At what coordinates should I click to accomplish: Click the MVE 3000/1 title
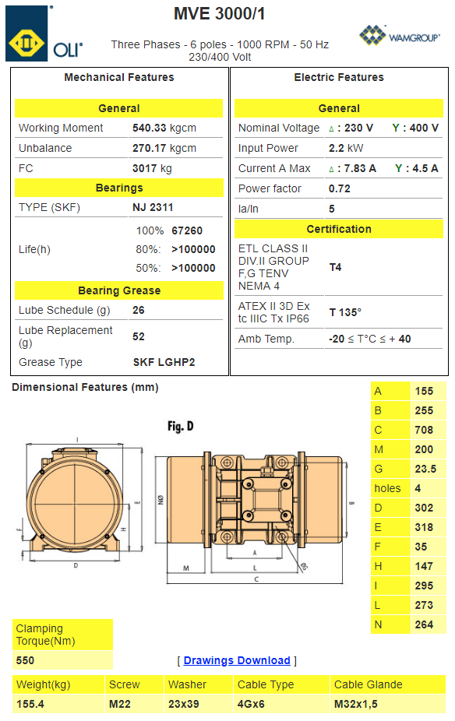[x=220, y=14]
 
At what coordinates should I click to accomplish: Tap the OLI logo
[x=44, y=33]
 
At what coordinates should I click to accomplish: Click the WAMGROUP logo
[x=400, y=35]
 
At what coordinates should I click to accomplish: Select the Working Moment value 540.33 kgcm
[x=164, y=128]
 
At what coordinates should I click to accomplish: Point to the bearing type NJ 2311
[x=153, y=207]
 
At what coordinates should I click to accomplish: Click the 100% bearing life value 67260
[x=187, y=230]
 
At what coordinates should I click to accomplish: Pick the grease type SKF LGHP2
[x=164, y=362]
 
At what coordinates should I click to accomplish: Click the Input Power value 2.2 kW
[x=346, y=148]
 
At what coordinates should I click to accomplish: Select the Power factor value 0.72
[x=340, y=188]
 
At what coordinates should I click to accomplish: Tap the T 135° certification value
[x=345, y=312]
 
